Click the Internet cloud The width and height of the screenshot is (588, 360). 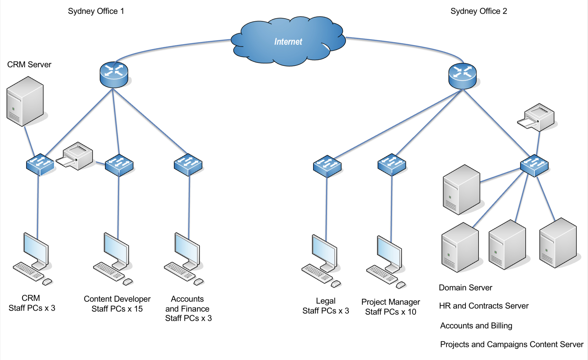(288, 41)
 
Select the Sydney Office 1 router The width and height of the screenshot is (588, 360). (114, 75)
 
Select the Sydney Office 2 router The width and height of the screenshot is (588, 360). (462, 76)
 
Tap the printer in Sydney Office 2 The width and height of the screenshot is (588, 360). (536, 117)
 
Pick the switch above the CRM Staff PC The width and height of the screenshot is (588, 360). (40, 164)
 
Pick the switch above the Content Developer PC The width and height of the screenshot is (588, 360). (119, 165)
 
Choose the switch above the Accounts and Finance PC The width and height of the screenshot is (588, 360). (188, 164)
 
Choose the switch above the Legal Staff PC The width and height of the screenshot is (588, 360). (327, 166)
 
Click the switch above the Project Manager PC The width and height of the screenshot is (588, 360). (392, 164)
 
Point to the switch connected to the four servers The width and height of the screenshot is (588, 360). (534, 165)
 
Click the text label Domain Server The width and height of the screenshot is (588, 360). (465, 288)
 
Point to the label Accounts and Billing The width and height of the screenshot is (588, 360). (476, 326)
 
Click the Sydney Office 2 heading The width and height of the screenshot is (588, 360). (479, 11)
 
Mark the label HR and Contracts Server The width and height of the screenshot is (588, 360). (484, 306)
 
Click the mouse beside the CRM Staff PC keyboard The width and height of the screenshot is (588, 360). (47, 281)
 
